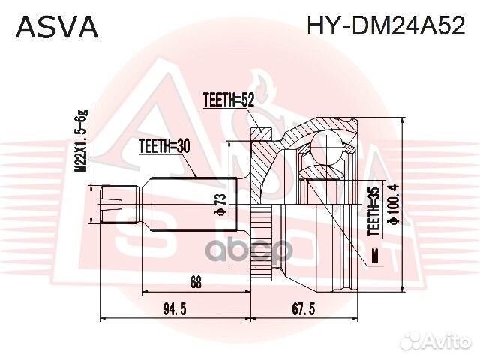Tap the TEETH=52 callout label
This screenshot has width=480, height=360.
pyautogui.click(x=229, y=98)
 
